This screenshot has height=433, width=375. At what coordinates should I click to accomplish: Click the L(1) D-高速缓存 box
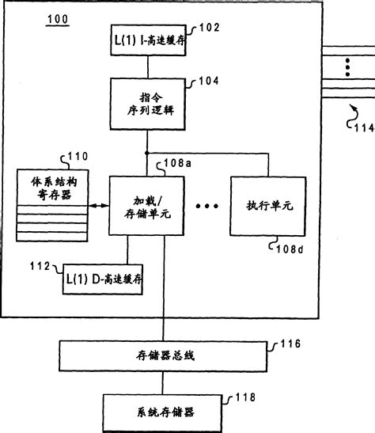(x=104, y=279)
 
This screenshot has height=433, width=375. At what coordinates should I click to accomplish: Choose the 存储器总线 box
(x=163, y=355)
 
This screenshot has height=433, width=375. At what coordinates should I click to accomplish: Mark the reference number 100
(x=58, y=17)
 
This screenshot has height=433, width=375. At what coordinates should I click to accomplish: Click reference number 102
(x=208, y=26)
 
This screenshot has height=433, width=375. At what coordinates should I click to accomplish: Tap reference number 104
(x=208, y=80)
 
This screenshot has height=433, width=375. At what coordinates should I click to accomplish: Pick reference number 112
(x=39, y=265)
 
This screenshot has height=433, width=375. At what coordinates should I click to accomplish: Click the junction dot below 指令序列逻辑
(x=148, y=153)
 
